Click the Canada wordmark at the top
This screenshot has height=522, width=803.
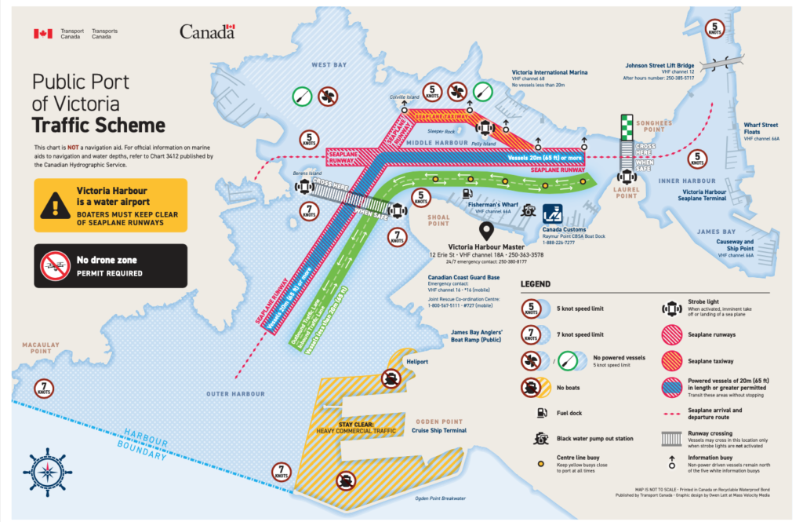tap(207, 32)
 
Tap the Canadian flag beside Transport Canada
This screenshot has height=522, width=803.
tap(42, 34)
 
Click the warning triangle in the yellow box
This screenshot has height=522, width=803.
tap(56, 205)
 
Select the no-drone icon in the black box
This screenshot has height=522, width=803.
tap(56, 266)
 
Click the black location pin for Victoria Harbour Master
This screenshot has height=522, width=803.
tap(485, 232)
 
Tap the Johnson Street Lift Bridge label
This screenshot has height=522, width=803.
tap(663, 65)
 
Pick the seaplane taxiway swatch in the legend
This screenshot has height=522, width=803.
tap(671, 360)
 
